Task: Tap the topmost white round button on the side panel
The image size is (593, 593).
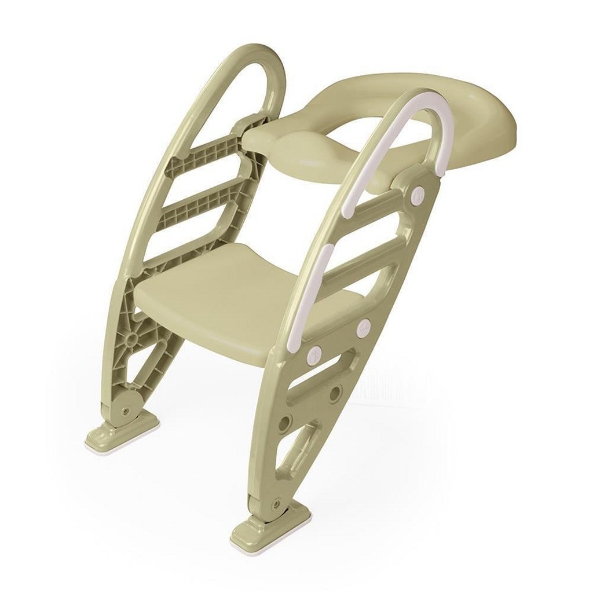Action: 416,195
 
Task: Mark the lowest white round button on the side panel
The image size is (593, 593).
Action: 315,353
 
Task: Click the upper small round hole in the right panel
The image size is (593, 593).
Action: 335,394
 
